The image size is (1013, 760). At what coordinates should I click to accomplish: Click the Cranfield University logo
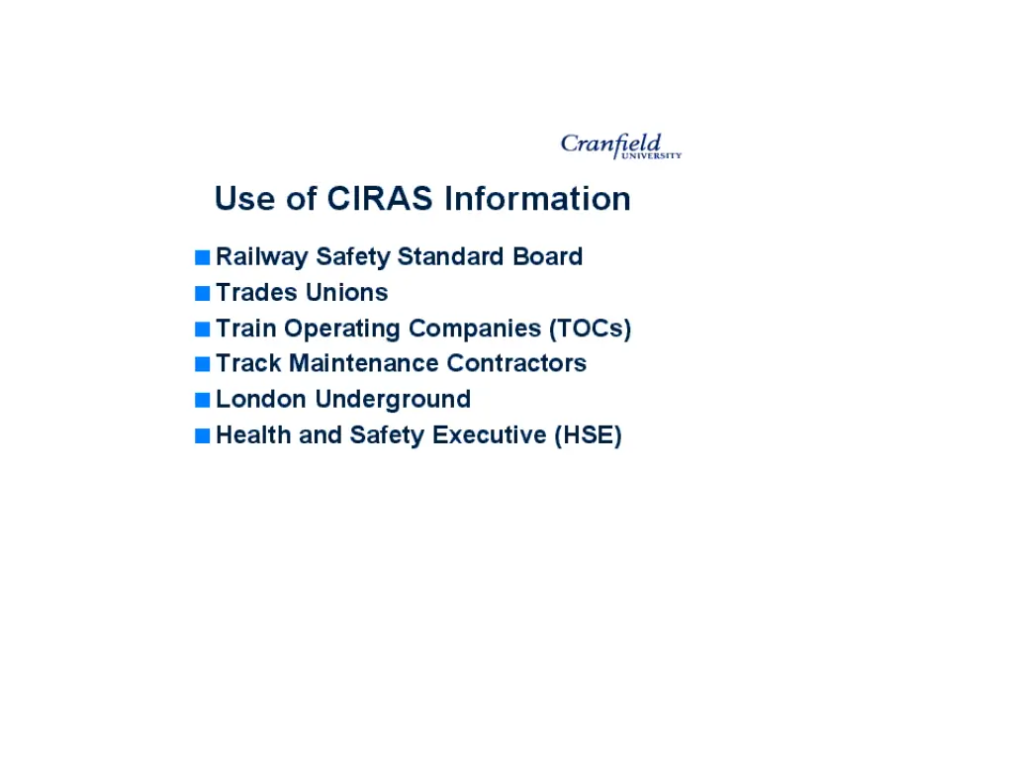click(620, 145)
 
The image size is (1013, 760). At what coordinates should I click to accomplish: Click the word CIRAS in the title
click(381, 198)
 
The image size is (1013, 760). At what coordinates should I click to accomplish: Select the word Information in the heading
click(537, 198)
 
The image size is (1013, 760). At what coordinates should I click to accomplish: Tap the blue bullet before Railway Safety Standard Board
click(203, 257)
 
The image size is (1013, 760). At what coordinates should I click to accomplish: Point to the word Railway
click(262, 257)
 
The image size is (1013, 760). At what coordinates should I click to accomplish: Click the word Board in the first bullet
click(547, 256)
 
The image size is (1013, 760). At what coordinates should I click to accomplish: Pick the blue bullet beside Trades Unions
click(203, 293)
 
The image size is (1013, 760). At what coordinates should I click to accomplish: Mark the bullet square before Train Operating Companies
click(203, 329)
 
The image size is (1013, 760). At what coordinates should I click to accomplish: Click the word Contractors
click(516, 363)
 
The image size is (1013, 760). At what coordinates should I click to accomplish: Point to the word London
click(261, 399)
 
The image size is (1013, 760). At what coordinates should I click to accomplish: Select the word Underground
click(393, 399)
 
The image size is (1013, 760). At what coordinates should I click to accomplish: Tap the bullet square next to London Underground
click(203, 400)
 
